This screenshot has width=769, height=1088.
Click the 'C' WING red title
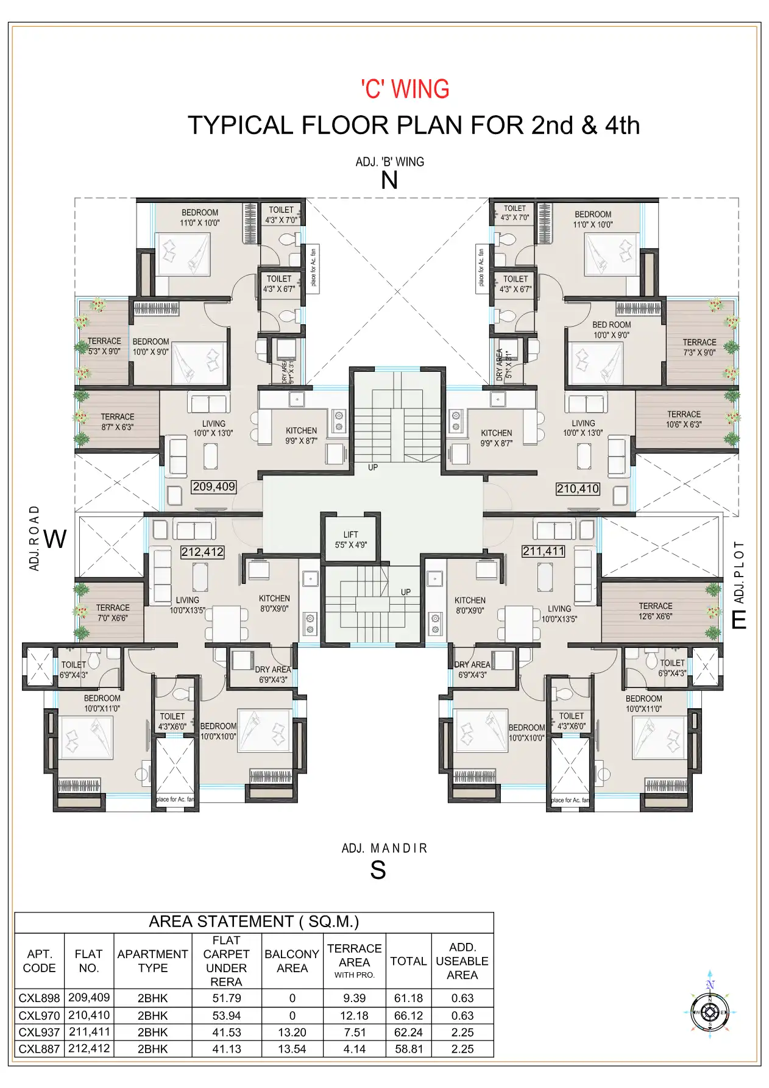point(405,89)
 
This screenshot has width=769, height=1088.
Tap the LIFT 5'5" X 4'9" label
point(350,540)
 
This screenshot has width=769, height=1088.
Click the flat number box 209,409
point(214,486)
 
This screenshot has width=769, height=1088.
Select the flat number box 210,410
point(578,488)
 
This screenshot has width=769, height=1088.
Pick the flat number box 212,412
point(202,552)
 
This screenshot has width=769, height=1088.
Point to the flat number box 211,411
point(544,552)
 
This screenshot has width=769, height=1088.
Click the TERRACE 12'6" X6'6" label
point(655,611)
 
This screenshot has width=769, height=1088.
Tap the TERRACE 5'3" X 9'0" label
point(104,346)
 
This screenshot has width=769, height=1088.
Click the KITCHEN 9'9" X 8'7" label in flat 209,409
point(301,435)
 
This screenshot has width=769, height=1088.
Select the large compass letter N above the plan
point(389,181)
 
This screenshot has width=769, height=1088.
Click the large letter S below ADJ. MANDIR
point(378,870)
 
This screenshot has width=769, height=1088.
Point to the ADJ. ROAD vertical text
point(35,538)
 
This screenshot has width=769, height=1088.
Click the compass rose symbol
point(710,1012)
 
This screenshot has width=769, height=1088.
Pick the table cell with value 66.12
point(408,1015)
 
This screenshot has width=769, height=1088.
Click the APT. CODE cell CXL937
point(39,1032)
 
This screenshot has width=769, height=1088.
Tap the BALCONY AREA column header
point(292,961)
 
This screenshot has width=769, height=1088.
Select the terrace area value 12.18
point(354,1015)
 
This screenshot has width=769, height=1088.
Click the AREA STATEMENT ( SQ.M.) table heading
point(253,922)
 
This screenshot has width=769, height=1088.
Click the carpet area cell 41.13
point(226,1049)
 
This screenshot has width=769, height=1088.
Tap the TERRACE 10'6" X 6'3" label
point(683,419)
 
